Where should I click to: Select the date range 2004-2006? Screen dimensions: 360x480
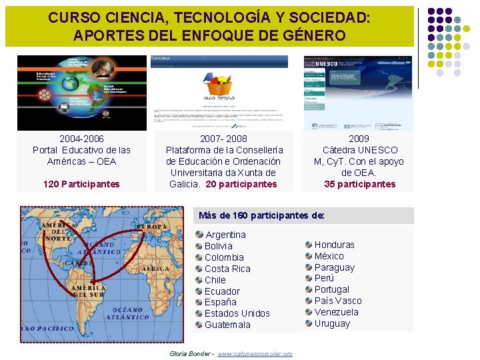tap(81, 139)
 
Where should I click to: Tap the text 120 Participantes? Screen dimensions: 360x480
tap(81, 184)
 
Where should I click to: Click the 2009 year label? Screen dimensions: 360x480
tap(359, 139)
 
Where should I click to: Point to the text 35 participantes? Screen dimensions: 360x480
tap(359, 184)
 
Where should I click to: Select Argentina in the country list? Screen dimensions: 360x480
tap(225, 235)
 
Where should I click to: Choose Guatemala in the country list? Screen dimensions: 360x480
tap(227, 325)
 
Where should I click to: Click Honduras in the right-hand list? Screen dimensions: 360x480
tap(334, 245)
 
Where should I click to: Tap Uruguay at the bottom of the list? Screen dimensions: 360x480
tap(332, 323)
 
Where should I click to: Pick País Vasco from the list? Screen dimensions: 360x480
tap(338, 301)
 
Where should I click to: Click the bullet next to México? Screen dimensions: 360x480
tap(309, 256)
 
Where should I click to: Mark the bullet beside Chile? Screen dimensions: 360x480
tap(199, 280)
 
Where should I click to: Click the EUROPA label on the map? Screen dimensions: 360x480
tap(153, 227)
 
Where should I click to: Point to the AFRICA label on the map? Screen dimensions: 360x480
tap(157, 268)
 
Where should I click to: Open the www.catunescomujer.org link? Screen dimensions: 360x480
tap(255, 353)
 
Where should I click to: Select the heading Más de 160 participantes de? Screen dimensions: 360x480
tap(262, 215)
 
